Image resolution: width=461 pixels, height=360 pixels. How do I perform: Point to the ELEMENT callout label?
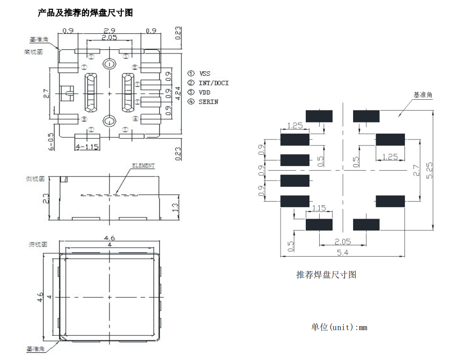click(143, 166)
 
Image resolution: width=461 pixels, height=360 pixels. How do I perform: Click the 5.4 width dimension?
click(341, 252)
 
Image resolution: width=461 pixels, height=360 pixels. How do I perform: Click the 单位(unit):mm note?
click(339, 327)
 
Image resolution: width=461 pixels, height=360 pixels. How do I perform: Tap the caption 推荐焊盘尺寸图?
click(326, 275)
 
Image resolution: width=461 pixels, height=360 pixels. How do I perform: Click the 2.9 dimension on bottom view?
click(109, 31)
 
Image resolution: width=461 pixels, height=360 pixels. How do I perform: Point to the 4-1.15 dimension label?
click(87, 147)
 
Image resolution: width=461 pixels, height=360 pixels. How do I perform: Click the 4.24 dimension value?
click(178, 93)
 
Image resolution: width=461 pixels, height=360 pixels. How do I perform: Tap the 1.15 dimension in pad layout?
click(319, 208)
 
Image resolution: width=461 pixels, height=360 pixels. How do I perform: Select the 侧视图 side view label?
click(34, 178)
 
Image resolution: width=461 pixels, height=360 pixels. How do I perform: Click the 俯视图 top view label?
click(34, 244)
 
